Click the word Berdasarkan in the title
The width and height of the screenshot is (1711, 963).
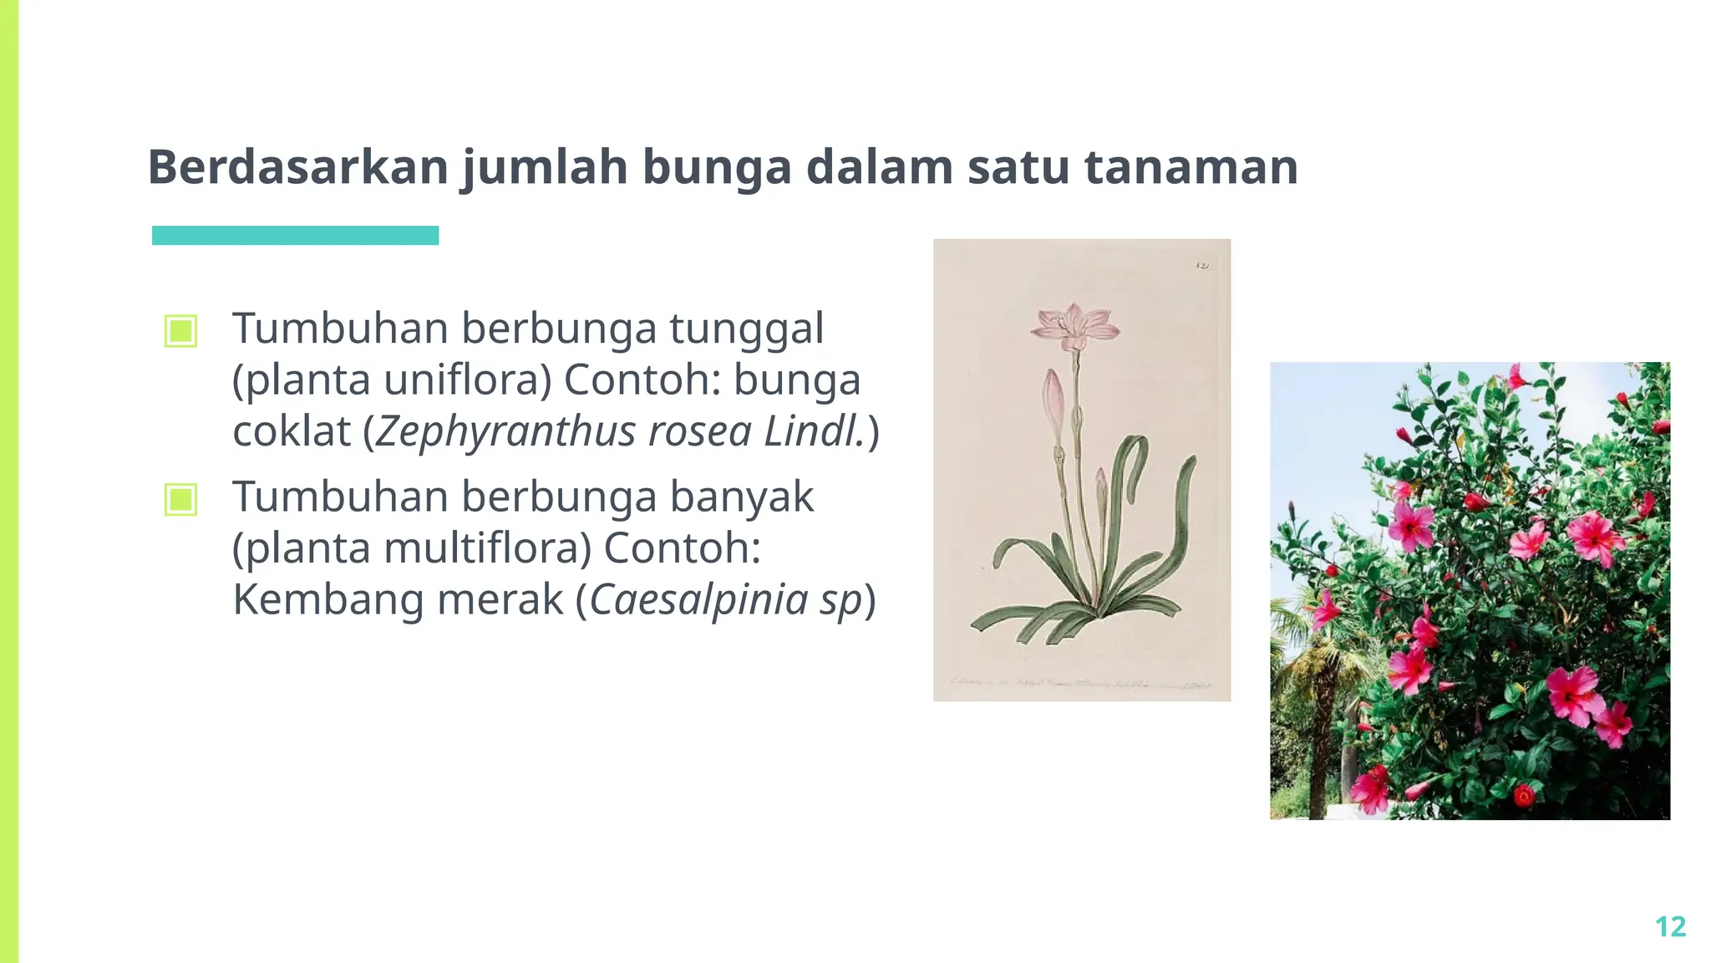[x=298, y=166]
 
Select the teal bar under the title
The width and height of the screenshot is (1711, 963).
[x=295, y=236]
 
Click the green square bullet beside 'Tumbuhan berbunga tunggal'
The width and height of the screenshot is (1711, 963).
[x=181, y=331]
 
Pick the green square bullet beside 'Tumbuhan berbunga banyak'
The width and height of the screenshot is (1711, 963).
[x=181, y=500]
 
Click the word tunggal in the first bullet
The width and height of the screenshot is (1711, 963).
[x=746, y=329]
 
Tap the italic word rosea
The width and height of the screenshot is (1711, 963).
[x=699, y=432]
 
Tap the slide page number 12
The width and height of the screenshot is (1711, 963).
[x=1670, y=926]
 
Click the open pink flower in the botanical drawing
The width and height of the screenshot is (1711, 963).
[x=1075, y=327]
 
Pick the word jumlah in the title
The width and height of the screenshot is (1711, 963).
[x=544, y=166]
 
